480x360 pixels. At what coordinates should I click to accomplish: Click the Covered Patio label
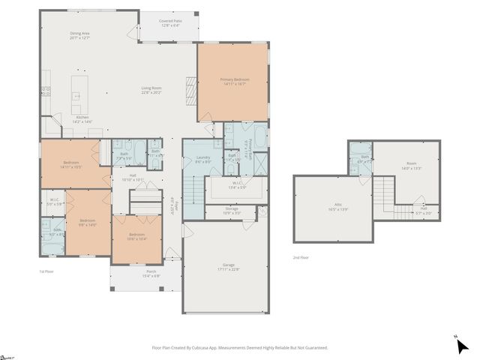click(x=169, y=24)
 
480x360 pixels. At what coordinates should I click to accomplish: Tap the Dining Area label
click(x=79, y=35)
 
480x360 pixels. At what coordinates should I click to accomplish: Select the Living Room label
click(x=152, y=91)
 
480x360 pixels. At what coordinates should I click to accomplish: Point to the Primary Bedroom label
click(x=234, y=81)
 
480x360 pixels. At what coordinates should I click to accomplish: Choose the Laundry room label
click(x=202, y=158)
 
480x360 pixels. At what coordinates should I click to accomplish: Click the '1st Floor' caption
click(x=46, y=271)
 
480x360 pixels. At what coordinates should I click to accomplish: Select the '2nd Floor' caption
click(x=301, y=257)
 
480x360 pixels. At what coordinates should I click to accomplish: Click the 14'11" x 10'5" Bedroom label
click(x=71, y=164)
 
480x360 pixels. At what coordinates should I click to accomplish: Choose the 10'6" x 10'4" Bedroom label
click(x=136, y=238)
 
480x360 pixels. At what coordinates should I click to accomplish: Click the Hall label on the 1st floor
click(x=132, y=177)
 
